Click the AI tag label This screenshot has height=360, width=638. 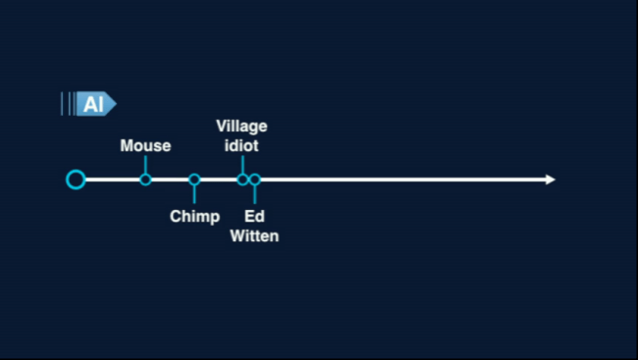(92, 104)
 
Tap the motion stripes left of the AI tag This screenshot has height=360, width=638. (68, 104)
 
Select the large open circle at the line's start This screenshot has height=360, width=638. (76, 180)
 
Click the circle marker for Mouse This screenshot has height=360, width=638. (145, 180)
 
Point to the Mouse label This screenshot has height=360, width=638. (145, 146)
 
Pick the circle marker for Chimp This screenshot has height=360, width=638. (194, 180)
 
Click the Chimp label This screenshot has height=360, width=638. (194, 216)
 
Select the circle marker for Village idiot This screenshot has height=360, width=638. (242, 180)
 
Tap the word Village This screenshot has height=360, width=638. (241, 127)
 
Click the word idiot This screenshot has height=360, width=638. (241, 146)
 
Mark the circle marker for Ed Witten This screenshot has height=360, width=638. (255, 180)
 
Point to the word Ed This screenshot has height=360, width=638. (254, 216)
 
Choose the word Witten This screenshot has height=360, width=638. (254, 236)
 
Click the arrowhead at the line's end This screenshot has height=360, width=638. (550, 180)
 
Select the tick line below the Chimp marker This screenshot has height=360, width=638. (194, 194)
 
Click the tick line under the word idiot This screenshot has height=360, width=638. (242, 163)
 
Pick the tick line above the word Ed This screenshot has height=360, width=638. (255, 195)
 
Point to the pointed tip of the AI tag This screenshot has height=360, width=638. (114, 104)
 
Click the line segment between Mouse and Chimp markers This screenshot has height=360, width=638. (170, 180)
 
